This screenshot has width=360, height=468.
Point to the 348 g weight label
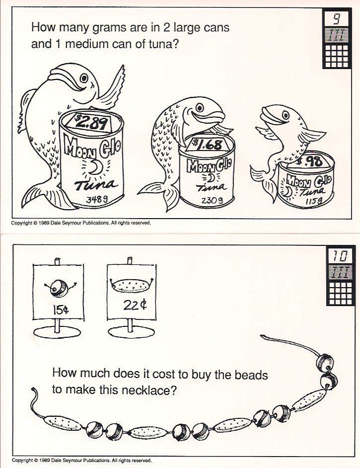(x=97, y=199)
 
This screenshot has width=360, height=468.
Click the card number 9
(x=336, y=19)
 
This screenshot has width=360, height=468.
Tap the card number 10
(x=340, y=255)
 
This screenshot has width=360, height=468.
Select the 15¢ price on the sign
(x=61, y=311)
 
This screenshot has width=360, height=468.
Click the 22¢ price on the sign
(x=135, y=306)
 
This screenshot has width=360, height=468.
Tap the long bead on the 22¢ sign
(x=132, y=286)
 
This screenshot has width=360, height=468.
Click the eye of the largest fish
(x=84, y=78)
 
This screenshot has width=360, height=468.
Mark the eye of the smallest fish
(x=286, y=115)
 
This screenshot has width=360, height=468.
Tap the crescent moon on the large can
(x=96, y=168)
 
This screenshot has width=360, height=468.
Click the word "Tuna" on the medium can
(x=211, y=187)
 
